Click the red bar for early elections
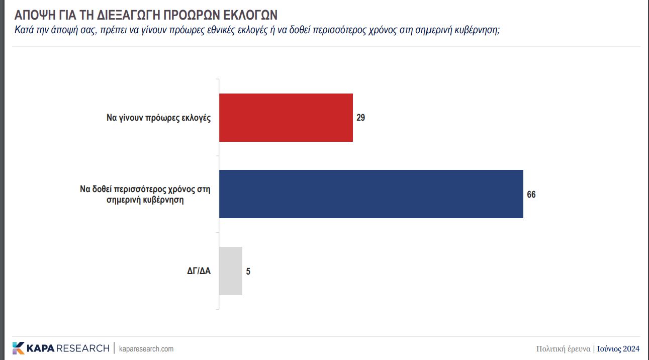286,118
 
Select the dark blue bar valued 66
371,194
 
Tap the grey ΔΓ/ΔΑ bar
231,271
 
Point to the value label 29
360,118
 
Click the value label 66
531,195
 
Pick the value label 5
248,272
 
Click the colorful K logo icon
18,348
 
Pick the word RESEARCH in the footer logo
83,348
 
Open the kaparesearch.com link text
146,348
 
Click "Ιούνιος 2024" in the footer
618,348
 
